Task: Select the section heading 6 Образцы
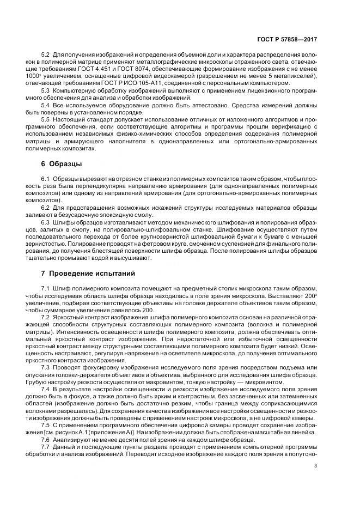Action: click(62, 164)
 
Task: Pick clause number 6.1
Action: click(45, 179)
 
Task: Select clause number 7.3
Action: click(45, 368)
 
